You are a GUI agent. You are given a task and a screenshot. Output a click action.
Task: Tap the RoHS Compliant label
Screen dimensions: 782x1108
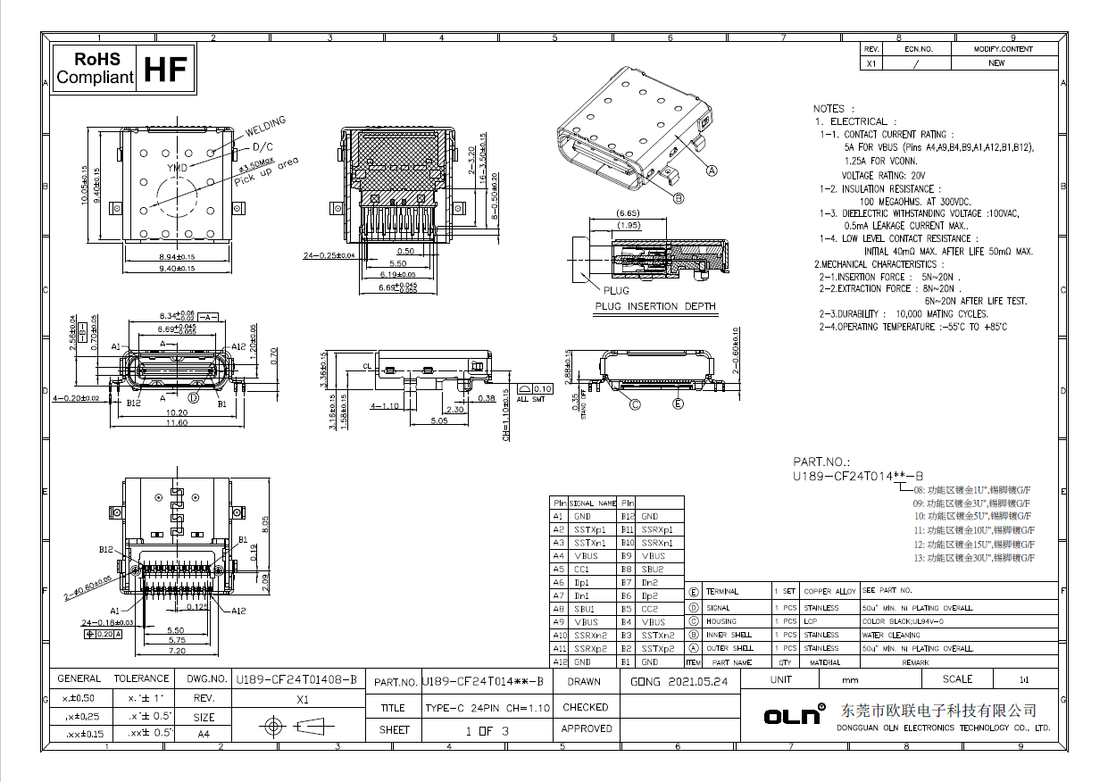coord(94,69)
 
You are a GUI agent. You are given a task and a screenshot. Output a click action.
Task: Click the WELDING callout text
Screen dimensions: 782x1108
coord(265,123)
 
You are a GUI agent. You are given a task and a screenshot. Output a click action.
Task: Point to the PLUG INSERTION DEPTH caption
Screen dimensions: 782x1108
coord(655,306)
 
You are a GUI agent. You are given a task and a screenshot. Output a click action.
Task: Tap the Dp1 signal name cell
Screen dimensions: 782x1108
coord(583,582)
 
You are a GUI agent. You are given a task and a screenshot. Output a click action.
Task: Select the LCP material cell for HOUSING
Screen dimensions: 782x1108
coord(811,621)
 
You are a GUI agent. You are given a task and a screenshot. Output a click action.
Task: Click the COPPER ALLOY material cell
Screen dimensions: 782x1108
coord(829,592)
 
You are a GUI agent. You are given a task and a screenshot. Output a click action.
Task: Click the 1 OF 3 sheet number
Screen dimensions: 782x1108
coord(487,730)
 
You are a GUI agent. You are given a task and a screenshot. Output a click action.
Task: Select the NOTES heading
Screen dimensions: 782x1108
coord(828,108)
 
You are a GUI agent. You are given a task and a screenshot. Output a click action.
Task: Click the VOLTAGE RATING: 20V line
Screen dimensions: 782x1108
coord(883,176)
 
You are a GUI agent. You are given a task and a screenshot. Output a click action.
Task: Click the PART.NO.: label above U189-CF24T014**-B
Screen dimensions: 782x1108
coord(820,462)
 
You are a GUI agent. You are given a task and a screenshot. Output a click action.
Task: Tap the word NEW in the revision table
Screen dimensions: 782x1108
coord(996,63)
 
